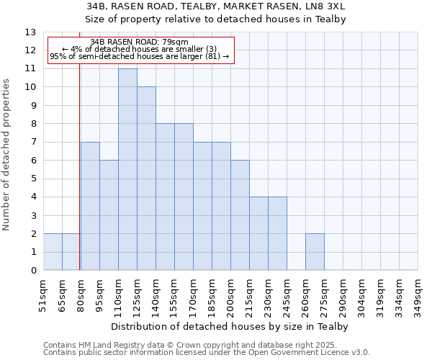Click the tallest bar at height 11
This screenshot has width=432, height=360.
click(x=127, y=169)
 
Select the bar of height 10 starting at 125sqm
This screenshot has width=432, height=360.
click(x=146, y=179)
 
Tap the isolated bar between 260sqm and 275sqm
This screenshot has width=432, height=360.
click(x=315, y=252)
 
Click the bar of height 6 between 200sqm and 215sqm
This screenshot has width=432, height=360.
click(x=240, y=215)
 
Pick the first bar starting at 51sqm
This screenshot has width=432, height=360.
click(x=53, y=252)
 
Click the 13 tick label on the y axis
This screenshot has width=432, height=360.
click(x=30, y=32)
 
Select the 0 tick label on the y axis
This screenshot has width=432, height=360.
click(x=33, y=271)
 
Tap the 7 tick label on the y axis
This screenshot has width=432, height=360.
click(x=33, y=143)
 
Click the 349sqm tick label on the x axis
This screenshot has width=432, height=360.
click(x=418, y=296)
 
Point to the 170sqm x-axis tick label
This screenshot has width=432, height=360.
click(x=193, y=296)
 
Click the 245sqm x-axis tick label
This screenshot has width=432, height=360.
click(x=287, y=296)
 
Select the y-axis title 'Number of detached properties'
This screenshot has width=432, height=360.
click(x=6, y=156)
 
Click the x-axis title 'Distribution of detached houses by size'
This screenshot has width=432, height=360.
click(x=230, y=327)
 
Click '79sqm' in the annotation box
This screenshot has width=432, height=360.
click(x=176, y=42)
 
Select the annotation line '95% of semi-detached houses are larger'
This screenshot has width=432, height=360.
click(x=139, y=56)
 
